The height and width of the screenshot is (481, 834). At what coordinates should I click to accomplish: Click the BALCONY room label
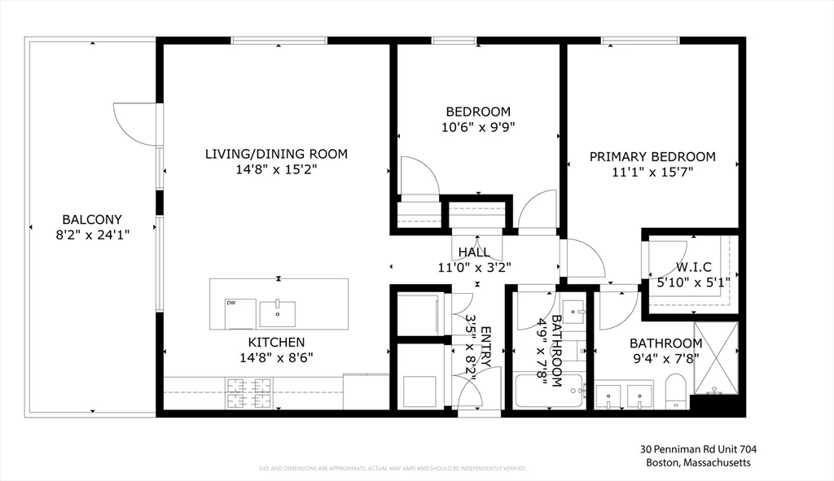(92, 219)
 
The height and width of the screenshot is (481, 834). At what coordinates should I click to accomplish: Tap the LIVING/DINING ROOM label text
(276, 154)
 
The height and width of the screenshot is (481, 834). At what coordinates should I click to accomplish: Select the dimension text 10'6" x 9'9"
(478, 127)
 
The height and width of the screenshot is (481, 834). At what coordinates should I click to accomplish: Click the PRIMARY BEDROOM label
(652, 157)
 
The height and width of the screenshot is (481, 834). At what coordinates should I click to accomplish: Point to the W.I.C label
(693, 267)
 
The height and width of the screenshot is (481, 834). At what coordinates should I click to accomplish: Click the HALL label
(474, 252)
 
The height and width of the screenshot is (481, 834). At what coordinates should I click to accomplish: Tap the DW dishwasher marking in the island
(231, 303)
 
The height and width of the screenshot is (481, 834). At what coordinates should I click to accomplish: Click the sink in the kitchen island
(277, 313)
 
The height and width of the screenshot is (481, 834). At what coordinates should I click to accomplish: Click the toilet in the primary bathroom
(677, 391)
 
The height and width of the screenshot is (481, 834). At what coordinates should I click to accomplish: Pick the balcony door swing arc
(134, 124)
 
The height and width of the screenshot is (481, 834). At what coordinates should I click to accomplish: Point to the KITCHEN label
(277, 343)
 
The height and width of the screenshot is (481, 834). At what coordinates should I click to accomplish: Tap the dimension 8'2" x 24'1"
(92, 234)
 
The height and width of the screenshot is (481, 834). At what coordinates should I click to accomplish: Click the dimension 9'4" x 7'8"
(665, 358)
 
